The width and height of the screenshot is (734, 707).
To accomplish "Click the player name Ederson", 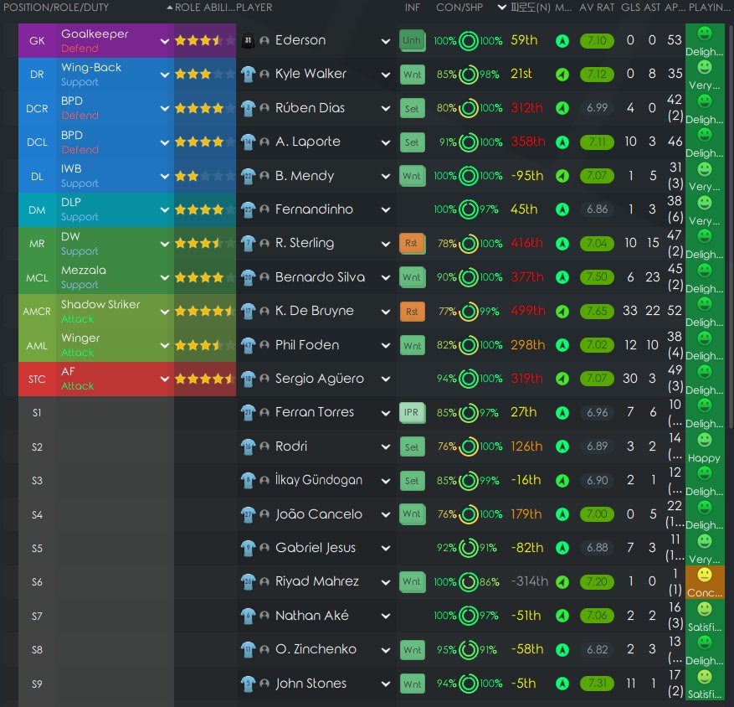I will click(x=300, y=40).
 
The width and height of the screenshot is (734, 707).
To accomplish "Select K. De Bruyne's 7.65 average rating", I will click(x=598, y=311).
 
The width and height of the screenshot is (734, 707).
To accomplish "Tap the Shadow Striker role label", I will click(x=100, y=305).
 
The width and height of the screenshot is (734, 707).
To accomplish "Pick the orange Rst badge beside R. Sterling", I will click(x=412, y=243).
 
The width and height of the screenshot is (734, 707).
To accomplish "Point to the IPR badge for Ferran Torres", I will click(x=412, y=412).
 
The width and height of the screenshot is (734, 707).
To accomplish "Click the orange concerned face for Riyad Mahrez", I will click(x=705, y=575).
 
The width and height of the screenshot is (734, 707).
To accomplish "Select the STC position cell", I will click(x=37, y=379).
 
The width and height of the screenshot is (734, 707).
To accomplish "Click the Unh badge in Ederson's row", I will click(x=412, y=40).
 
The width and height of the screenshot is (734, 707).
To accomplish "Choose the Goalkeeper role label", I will click(x=95, y=34).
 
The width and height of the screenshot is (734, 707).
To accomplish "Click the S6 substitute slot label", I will click(x=37, y=581).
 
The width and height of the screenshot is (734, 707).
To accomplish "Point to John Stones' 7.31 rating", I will click(x=598, y=684).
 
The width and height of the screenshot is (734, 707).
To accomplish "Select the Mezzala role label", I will click(x=84, y=271).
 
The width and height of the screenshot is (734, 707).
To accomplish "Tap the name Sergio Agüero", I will click(x=320, y=379).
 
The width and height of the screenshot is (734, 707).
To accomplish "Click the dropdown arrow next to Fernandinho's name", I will click(x=385, y=209).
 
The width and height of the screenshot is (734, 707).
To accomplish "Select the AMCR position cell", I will click(x=37, y=311).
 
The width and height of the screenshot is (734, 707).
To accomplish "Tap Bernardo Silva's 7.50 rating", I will click(x=598, y=277).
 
